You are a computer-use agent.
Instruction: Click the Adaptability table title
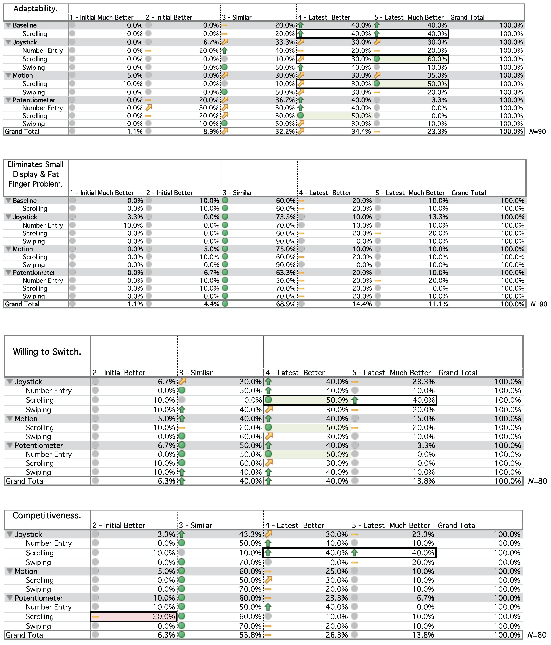36,9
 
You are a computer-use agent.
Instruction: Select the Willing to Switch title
47,352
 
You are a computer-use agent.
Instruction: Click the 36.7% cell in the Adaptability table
285,100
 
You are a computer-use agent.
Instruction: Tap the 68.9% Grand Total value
285,304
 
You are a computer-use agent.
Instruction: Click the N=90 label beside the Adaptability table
537,131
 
